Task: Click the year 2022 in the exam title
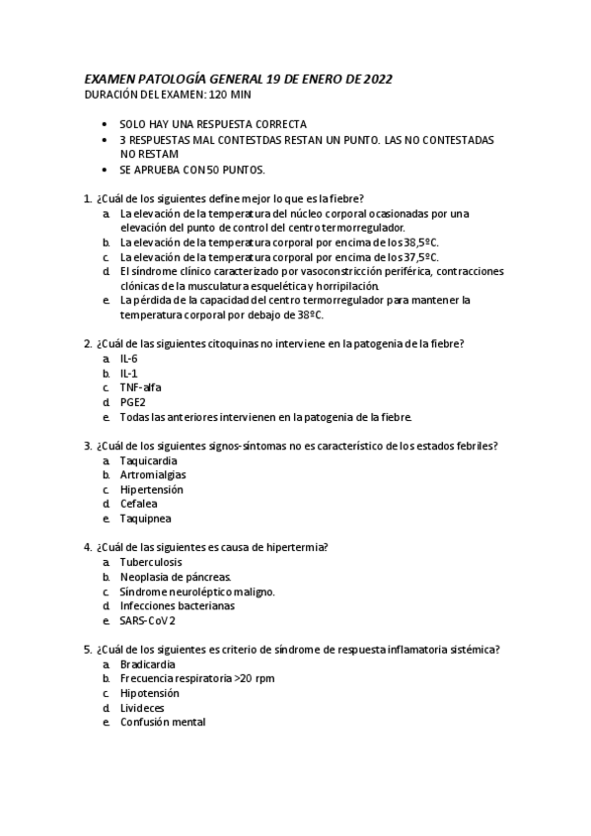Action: click(384, 79)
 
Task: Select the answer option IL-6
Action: click(128, 359)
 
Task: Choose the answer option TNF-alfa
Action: click(140, 387)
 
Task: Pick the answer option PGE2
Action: click(133, 402)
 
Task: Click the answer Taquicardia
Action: click(150, 460)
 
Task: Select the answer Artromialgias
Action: click(153, 474)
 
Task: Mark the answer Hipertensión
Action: click(151, 489)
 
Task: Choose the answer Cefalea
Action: click(139, 503)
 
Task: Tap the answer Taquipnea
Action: click(145, 518)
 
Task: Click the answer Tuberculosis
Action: click(151, 562)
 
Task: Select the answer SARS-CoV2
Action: click(147, 620)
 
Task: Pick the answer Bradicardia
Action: click(148, 664)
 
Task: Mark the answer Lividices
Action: click(142, 708)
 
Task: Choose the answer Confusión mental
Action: click(163, 723)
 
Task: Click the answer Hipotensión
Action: click(149, 693)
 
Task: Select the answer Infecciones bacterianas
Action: click(178, 606)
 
